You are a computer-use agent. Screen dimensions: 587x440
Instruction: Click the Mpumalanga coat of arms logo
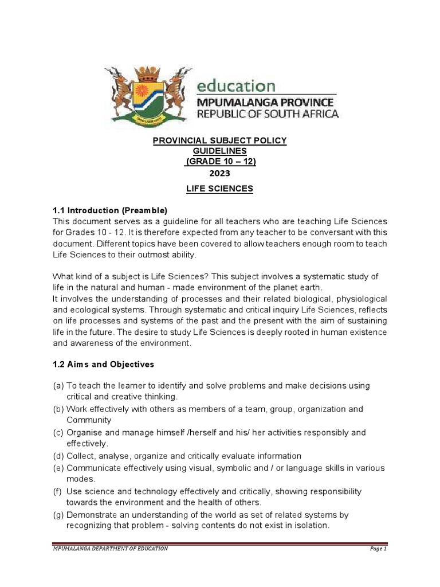148,93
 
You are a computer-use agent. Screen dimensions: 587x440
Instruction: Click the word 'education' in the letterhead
235,86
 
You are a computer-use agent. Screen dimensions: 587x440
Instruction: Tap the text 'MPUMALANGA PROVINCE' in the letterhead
267,101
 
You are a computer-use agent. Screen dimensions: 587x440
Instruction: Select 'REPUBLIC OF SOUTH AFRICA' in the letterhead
268,114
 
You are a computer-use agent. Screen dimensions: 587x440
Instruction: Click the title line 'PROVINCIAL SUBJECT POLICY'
219,141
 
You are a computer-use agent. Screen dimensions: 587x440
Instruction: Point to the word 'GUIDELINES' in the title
219,151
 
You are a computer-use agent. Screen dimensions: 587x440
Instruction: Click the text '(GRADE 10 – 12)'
219,162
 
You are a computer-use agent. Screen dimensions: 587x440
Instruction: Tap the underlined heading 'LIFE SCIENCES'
219,189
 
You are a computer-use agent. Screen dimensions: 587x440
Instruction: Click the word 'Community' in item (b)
88,420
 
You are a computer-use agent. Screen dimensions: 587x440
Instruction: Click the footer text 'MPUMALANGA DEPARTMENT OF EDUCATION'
110,549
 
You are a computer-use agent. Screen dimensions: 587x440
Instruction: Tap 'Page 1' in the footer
378,549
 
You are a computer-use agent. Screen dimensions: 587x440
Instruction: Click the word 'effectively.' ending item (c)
87,444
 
